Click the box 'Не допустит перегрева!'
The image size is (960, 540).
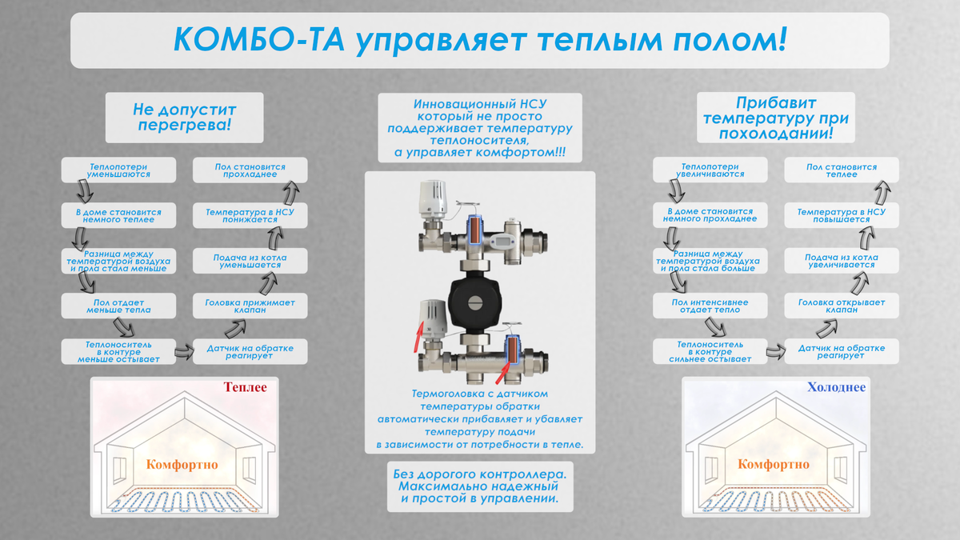click(184, 117)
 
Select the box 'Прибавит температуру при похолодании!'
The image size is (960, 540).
click(775, 118)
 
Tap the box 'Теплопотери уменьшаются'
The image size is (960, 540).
click(118, 170)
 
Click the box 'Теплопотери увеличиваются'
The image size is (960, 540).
click(710, 170)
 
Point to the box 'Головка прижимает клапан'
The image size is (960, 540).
click(250, 306)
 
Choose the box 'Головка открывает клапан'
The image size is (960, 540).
click(841, 306)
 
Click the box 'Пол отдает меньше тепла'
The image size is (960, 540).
click(118, 306)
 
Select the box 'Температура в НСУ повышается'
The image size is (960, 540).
click(841, 215)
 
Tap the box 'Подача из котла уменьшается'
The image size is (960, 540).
click(250, 261)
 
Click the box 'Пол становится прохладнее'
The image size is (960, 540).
click(250, 170)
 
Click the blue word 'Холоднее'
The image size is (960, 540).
click(836, 387)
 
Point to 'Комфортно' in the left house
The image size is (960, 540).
click(182, 464)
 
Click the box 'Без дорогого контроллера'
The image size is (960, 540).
click(479, 486)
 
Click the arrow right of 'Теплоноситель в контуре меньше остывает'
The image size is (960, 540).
click(183, 350)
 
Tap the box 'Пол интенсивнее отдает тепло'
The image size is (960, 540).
click(710, 306)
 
